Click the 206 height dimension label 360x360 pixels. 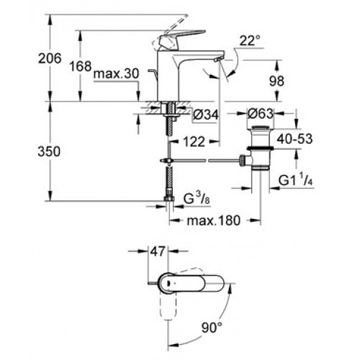click(x=50, y=58)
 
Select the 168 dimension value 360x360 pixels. click(x=81, y=66)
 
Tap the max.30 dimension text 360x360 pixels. click(x=116, y=73)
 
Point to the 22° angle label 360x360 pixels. click(x=250, y=40)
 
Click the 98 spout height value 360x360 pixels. click(x=276, y=81)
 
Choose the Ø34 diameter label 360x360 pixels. click(x=206, y=114)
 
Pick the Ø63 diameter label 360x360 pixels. click(x=261, y=114)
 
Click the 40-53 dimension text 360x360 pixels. click(x=294, y=139)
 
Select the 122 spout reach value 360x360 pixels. click(x=194, y=142)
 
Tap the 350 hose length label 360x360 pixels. click(x=49, y=152)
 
